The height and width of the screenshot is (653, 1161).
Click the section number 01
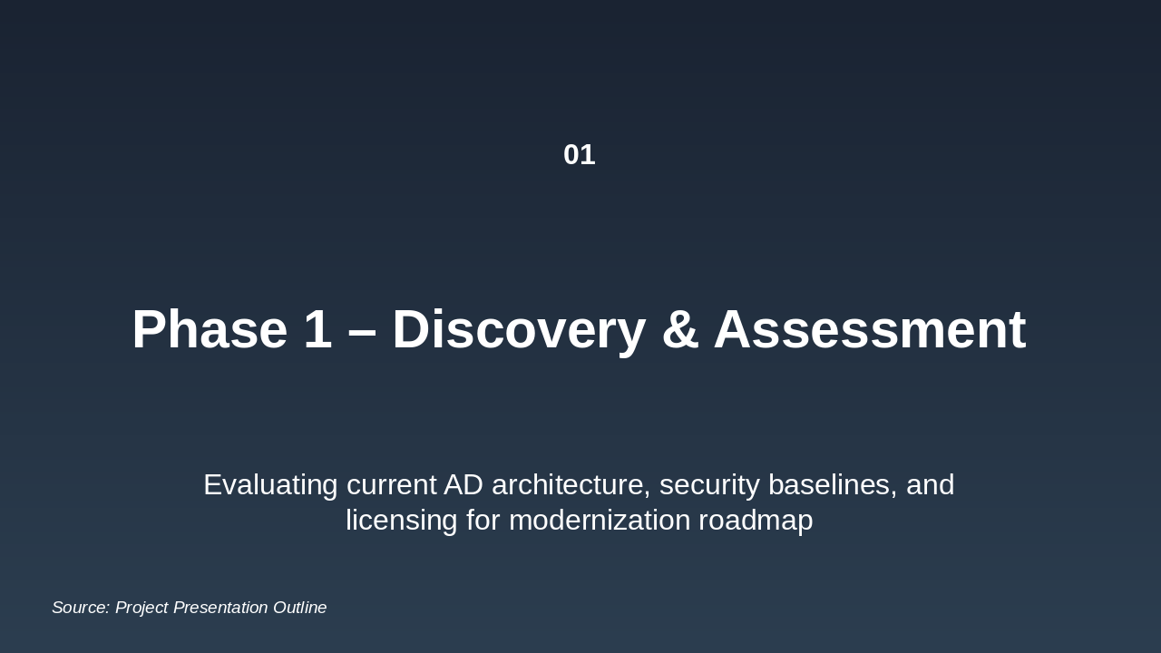pos(579,155)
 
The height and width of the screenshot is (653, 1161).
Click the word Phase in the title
pos(209,329)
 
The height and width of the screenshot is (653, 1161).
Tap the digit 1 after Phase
pos(318,329)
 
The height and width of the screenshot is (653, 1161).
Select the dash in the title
pos(362,331)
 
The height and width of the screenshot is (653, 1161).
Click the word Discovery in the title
pos(518,329)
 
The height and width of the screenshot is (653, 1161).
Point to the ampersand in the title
pos(679,329)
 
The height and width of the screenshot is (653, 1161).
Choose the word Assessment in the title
pos(869,329)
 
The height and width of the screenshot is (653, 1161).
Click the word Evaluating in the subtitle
pos(270,485)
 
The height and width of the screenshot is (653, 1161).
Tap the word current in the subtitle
pos(391,485)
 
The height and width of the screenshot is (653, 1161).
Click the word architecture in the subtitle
pos(571,485)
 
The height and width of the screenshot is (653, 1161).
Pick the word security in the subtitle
pos(709,485)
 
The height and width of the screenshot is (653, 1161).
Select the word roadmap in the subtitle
pos(756,521)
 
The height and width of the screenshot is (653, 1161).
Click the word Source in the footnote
pos(80,608)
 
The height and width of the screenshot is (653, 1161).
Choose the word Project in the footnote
pos(141,608)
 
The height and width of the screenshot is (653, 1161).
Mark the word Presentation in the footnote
pos(220,608)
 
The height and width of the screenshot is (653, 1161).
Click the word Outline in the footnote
pos(300,608)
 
